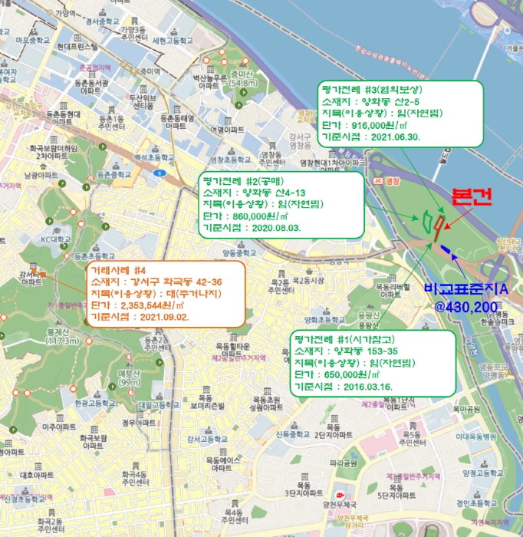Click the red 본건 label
[x=469, y=196]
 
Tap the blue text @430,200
[x=466, y=306]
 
